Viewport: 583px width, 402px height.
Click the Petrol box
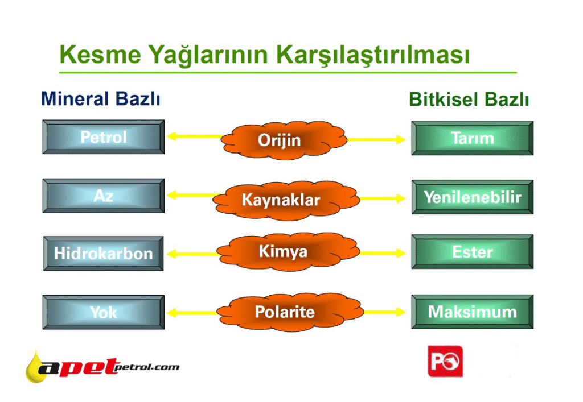pyautogui.click(x=104, y=136)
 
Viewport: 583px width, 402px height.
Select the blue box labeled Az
pyautogui.click(x=104, y=196)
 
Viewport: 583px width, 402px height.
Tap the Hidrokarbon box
pyautogui.click(x=104, y=253)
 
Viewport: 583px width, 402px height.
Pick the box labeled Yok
pyautogui.click(x=104, y=312)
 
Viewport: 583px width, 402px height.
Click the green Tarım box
pyautogui.click(x=472, y=138)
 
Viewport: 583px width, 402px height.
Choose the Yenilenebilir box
pyautogui.click(x=472, y=197)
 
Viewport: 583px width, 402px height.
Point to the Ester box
pyautogui.click(x=472, y=251)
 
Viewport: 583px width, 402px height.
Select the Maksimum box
pyautogui.click(x=472, y=312)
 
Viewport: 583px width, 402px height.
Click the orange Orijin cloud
pyautogui.click(x=284, y=140)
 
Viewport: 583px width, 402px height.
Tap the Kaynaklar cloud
pyautogui.click(x=286, y=200)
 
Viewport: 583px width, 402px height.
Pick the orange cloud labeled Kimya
pyautogui.click(x=288, y=251)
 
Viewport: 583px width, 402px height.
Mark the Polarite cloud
pyautogui.click(x=289, y=312)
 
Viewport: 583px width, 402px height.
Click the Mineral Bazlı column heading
pyautogui.click(x=101, y=99)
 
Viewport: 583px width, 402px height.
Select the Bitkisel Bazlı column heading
pyautogui.click(x=469, y=100)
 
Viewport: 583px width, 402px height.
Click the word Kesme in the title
pyautogui.click(x=100, y=55)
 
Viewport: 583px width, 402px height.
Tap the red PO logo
pyautogui.click(x=445, y=361)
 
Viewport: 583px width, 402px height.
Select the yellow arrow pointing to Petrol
pyautogui.click(x=196, y=136)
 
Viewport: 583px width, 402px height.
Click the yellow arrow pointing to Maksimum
pyautogui.click(x=384, y=312)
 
